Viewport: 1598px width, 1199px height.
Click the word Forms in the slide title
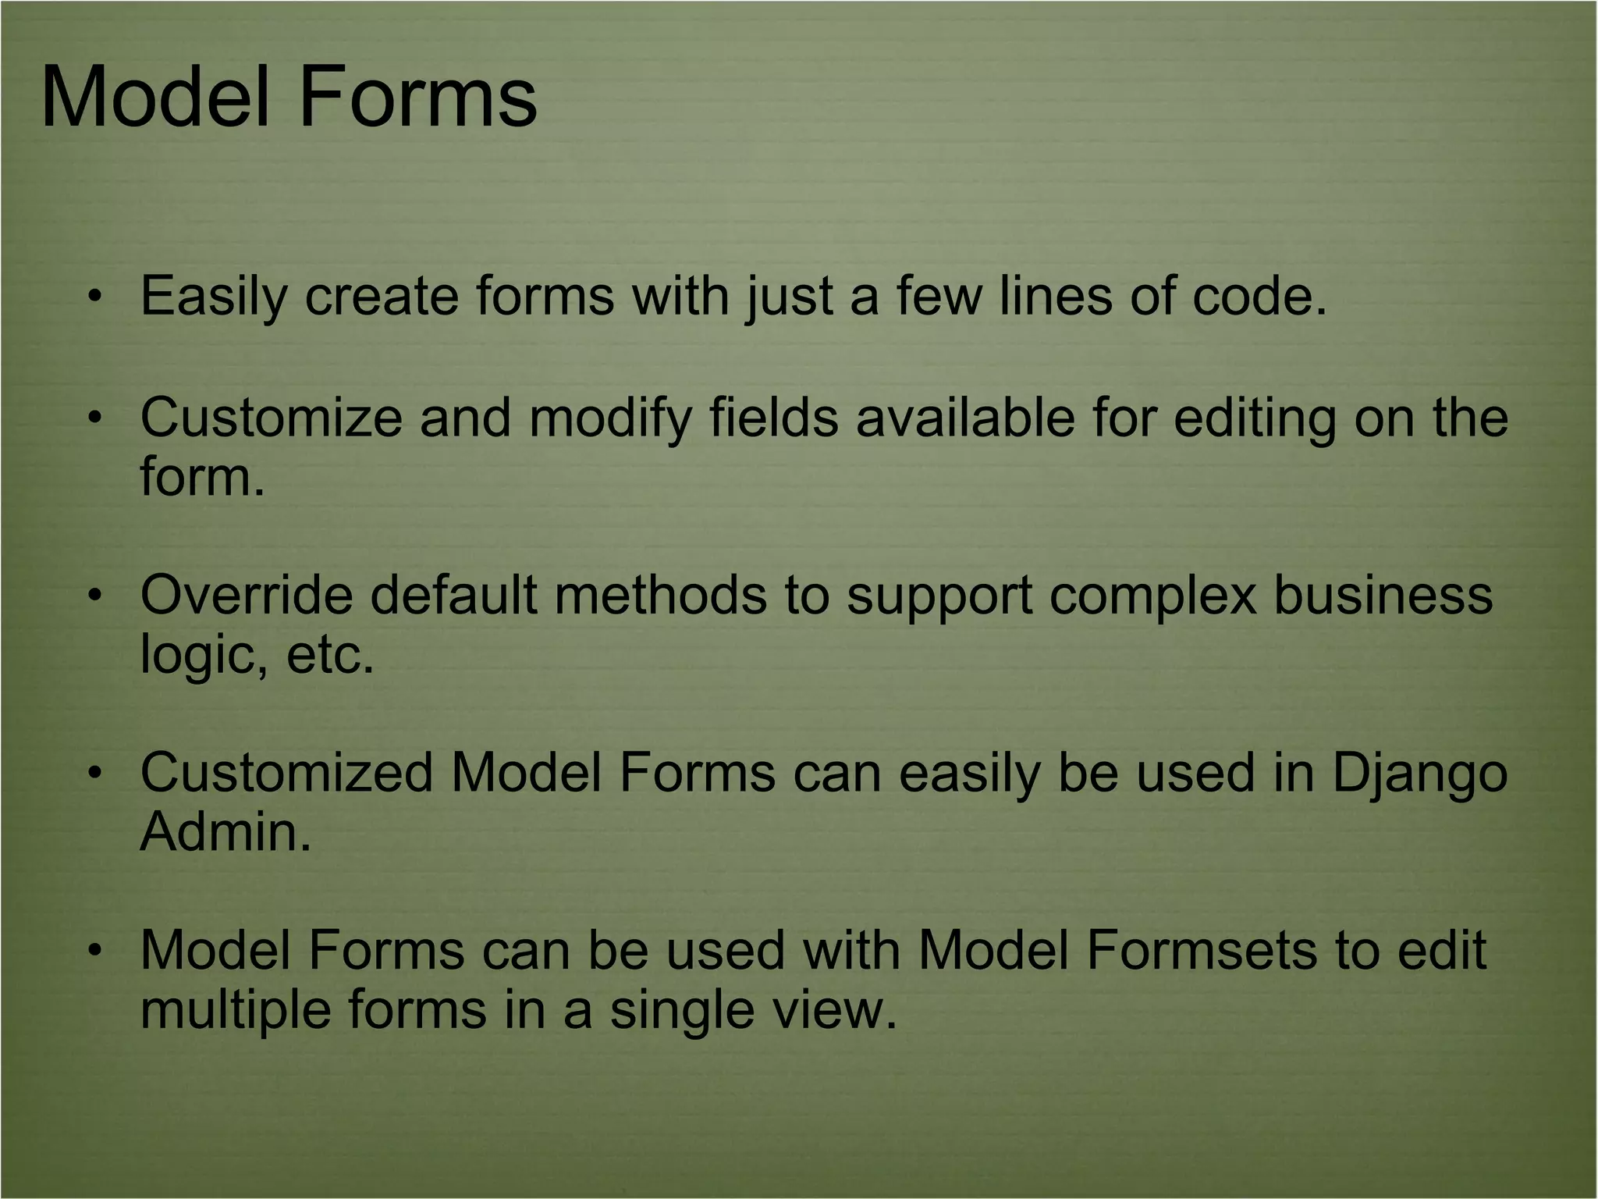click(417, 98)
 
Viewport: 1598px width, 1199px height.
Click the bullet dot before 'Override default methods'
click(94, 596)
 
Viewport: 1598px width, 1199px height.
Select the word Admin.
click(225, 832)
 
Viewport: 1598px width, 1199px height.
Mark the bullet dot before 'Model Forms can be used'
click(94, 951)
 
